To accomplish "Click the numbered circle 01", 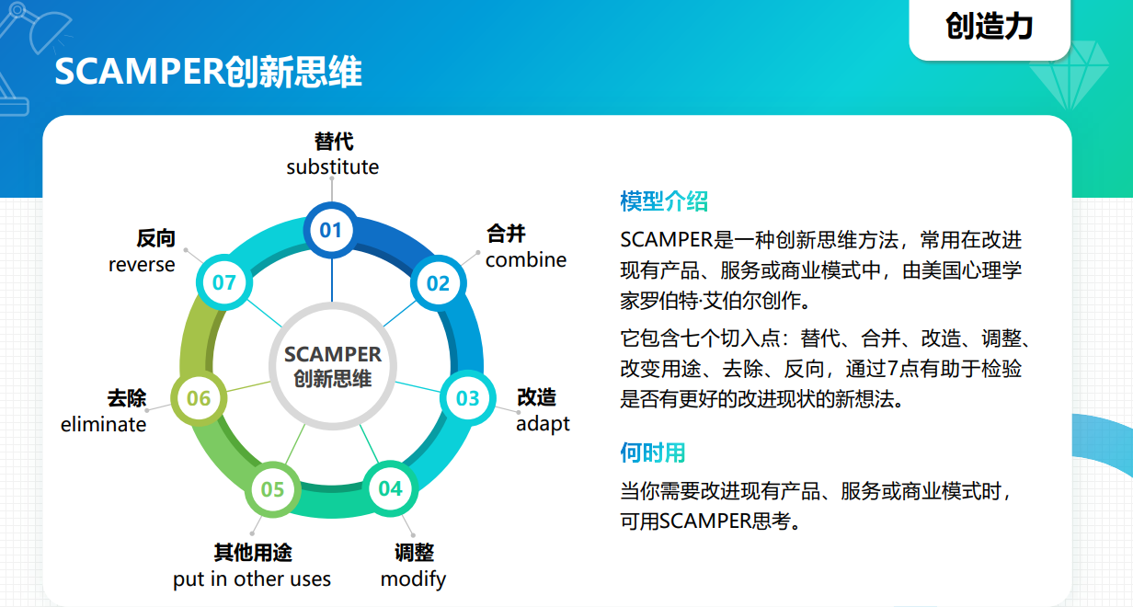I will [331, 230].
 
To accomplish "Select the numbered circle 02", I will [438, 283].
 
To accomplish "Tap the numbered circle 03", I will [467, 398].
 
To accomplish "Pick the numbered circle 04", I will [391, 488].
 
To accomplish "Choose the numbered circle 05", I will [272, 489].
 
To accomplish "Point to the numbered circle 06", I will [199, 398].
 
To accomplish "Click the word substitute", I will [332, 167].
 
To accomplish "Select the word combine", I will [526, 260].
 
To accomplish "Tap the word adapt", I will [543, 424].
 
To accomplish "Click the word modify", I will [413, 579].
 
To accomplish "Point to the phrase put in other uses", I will [252, 579].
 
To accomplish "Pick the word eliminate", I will [103, 424].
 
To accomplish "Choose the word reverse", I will [142, 265].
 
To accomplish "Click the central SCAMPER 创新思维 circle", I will [332, 366].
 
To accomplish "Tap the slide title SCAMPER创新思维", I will [208, 73].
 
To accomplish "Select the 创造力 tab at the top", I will [990, 28].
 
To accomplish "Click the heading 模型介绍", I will [664, 201].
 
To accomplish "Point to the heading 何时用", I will [653, 452].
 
